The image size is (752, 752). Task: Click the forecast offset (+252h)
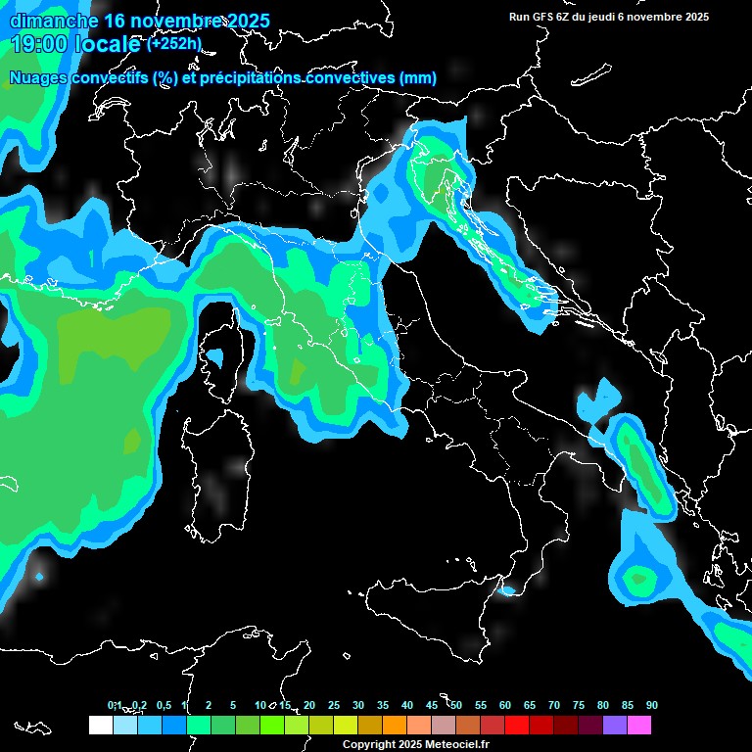coord(174,44)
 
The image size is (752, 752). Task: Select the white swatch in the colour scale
coord(100,726)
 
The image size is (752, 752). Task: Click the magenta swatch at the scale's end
coord(638,726)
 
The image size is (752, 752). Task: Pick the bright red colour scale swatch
coord(516,726)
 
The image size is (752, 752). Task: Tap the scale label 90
coord(651,705)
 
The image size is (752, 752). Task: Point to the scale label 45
coord(432,705)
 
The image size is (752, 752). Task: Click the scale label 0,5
coord(163,705)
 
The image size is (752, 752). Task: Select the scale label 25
coord(334,705)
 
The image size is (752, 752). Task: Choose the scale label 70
coord(554,705)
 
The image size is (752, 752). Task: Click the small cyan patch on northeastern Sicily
coord(507,590)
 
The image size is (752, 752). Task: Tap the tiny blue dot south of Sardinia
coord(39,577)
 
